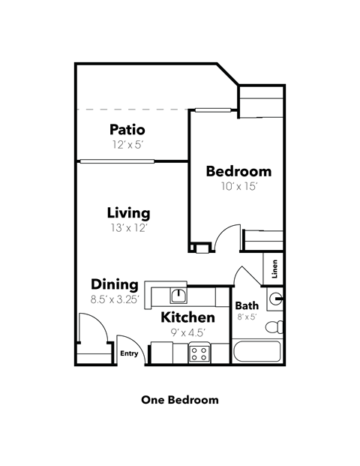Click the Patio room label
click(127, 129)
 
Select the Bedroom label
click(238, 171)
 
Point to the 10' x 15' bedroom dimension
click(238, 186)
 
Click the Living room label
click(128, 212)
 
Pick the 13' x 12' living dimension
click(128, 227)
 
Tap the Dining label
click(115, 284)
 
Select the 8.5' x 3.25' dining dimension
click(115, 299)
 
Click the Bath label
click(247, 305)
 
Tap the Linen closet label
click(275, 267)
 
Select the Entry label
click(130, 353)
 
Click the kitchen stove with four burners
click(199, 352)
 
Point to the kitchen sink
click(179, 294)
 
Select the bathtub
click(257, 352)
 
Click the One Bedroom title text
click(180, 400)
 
